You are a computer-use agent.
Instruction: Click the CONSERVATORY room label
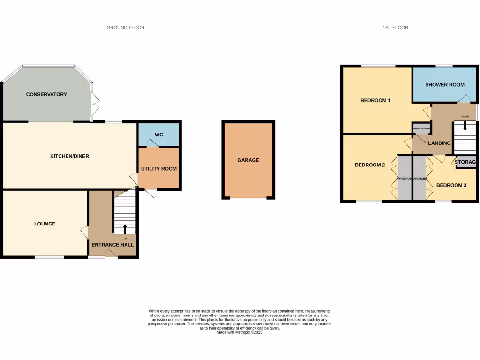(x=46, y=94)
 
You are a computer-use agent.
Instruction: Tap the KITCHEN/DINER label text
(x=69, y=156)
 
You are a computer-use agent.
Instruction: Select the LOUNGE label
(x=45, y=224)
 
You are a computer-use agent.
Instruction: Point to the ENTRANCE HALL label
(x=112, y=245)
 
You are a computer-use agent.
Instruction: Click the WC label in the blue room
(x=159, y=135)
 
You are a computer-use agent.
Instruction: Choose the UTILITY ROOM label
(x=159, y=168)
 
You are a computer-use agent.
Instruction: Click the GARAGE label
(x=248, y=160)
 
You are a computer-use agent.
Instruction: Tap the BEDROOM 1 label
(x=375, y=100)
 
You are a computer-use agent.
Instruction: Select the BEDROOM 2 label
(x=370, y=165)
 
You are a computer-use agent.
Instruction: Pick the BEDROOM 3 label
(x=451, y=185)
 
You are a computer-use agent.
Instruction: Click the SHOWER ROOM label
(x=445, y=85)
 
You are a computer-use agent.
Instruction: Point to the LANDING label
(x=439, y=143)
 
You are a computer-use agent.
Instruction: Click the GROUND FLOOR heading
(x=126, y=28)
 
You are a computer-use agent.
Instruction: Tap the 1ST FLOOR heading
(x=395, y=28)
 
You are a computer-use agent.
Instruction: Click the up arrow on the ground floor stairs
(x=125, y=228)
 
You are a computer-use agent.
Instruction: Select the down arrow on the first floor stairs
(x=465, y=126)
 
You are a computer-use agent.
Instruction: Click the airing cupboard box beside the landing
(x=421, y=128)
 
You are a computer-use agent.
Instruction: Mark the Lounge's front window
(x=49, y=257)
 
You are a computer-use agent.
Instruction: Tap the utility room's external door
(x=151, y=192)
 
